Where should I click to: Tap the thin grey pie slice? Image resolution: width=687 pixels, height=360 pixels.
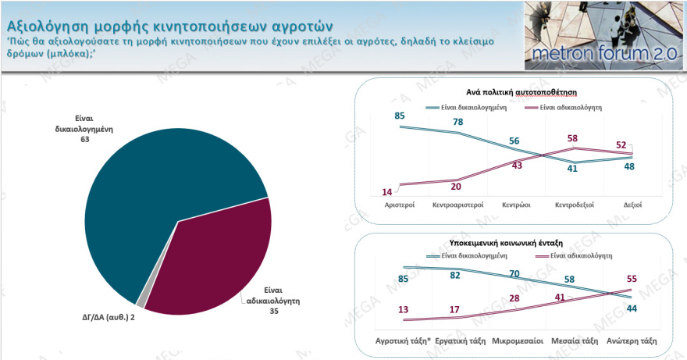(x=141, y=303)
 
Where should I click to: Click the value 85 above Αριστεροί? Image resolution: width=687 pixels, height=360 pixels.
(x=399, y=116)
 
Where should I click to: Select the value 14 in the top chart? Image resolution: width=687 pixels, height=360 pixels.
(x=386, y=192)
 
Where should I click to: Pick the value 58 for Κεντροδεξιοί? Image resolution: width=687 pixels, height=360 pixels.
(x=573, y=138)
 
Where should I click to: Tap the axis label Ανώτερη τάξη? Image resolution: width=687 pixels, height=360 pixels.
(x=631, y=341)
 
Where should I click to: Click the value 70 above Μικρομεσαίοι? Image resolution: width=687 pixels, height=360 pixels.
(x=514, y=274)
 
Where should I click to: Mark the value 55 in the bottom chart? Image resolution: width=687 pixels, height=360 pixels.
(x=632, y=278)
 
